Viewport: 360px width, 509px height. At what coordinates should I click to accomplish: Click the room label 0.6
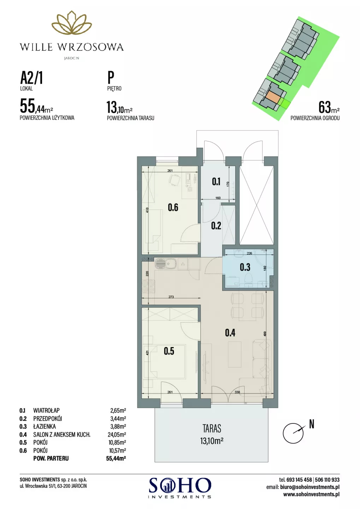point(173,208)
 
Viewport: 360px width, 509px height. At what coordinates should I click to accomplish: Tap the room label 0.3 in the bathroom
point(245,268)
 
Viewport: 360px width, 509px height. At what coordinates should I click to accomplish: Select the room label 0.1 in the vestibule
point(216,182)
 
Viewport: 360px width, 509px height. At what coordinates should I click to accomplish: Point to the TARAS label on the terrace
point(212,428)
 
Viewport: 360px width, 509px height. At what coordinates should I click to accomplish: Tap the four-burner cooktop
point(148,286)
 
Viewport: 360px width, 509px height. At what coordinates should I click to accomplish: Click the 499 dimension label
point(265,334)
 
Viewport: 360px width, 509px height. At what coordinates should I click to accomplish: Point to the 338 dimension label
point(237,392)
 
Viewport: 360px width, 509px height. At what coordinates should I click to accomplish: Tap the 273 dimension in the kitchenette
point(171,297)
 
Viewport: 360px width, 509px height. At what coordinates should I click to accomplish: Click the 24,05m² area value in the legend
point(117,435)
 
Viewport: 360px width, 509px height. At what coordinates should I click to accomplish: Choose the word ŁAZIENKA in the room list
point(44,427)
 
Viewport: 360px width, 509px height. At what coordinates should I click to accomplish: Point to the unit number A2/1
point(31,78)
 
